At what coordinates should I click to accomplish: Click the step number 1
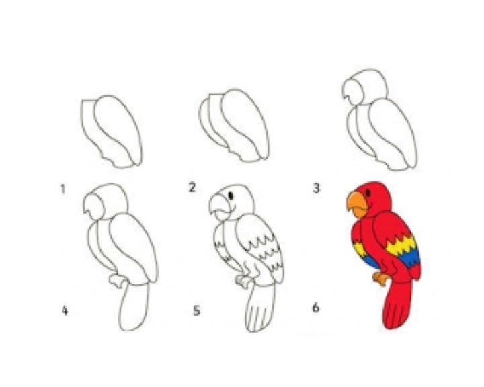click(x=63, y=189)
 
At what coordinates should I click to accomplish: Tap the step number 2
click(x=192, y=187)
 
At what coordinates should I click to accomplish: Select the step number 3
click(x=316, y=188)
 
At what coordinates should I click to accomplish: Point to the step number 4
click(x=65, y=310)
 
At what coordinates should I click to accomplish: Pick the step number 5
click(x=196, y=310)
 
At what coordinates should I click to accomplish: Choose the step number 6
click(x=315, y=308)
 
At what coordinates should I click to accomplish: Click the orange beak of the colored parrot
click(x=357, y=204)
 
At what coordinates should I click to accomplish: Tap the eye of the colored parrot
click(x=368, y=193)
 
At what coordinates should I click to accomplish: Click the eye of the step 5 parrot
click(x=231, y=196)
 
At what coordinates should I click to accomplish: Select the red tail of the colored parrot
click(x=397, y=304)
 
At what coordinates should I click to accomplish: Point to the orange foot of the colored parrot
click(x=380, y=278)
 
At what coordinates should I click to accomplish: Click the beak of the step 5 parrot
click(x=220, y=206)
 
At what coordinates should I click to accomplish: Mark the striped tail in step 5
click(x=260, y=307)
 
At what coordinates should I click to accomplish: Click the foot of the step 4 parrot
click(x=118, y=280)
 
